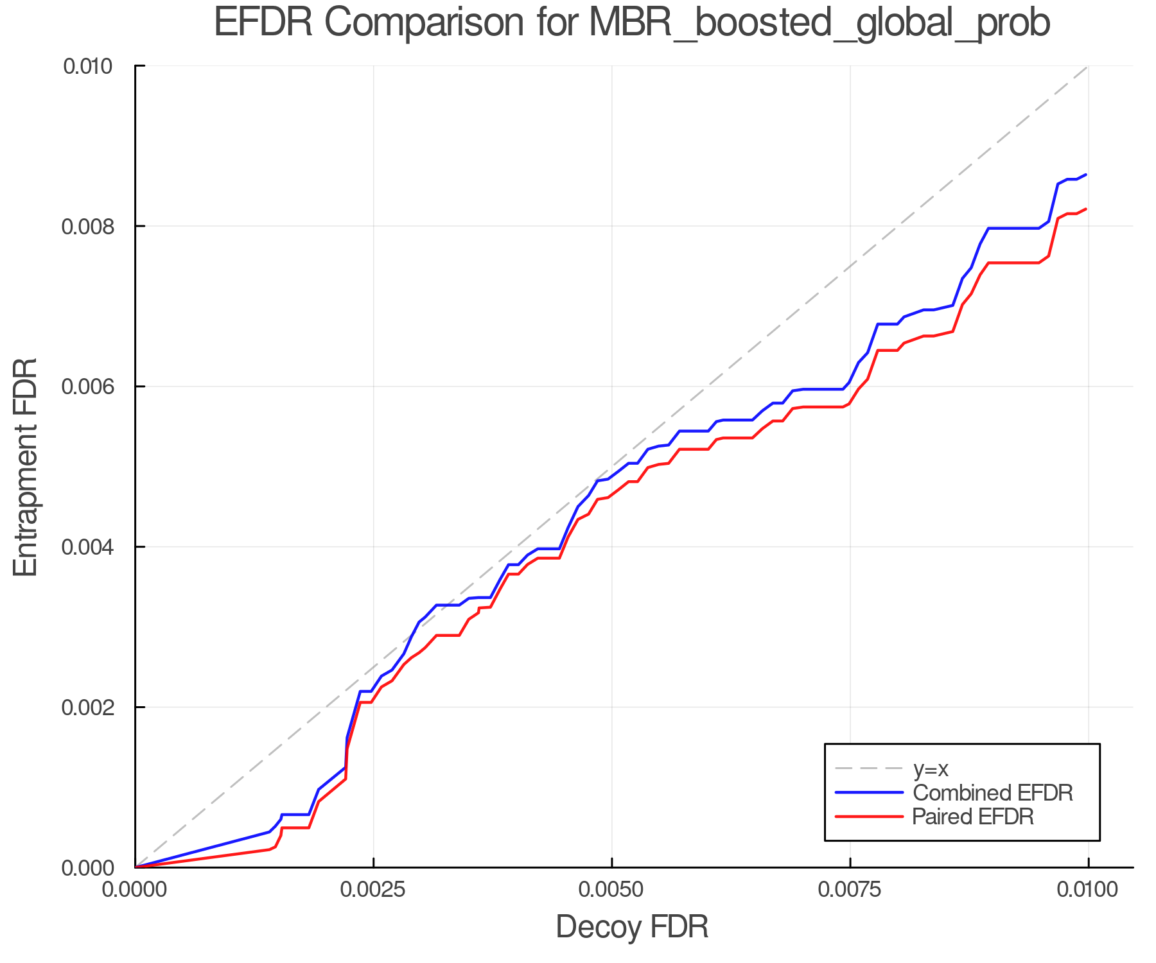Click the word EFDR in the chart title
(x=263, y=23)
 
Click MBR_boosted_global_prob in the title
(x=819, y=23)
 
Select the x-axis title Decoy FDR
(x=632, y=927)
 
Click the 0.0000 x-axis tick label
(x=135, y=890)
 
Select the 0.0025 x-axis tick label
(x=373, y=890)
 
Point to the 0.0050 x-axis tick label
(x=611, y=890)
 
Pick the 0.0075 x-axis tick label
(x=850, y=890)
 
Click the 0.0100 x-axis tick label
(x=1088, y=890)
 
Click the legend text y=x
(x=931, y=768)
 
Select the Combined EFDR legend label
(x=992, y=793)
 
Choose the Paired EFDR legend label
(x=973, y=817)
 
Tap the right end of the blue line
(x=1085, y=175)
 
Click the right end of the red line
(x=1085, y=209)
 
